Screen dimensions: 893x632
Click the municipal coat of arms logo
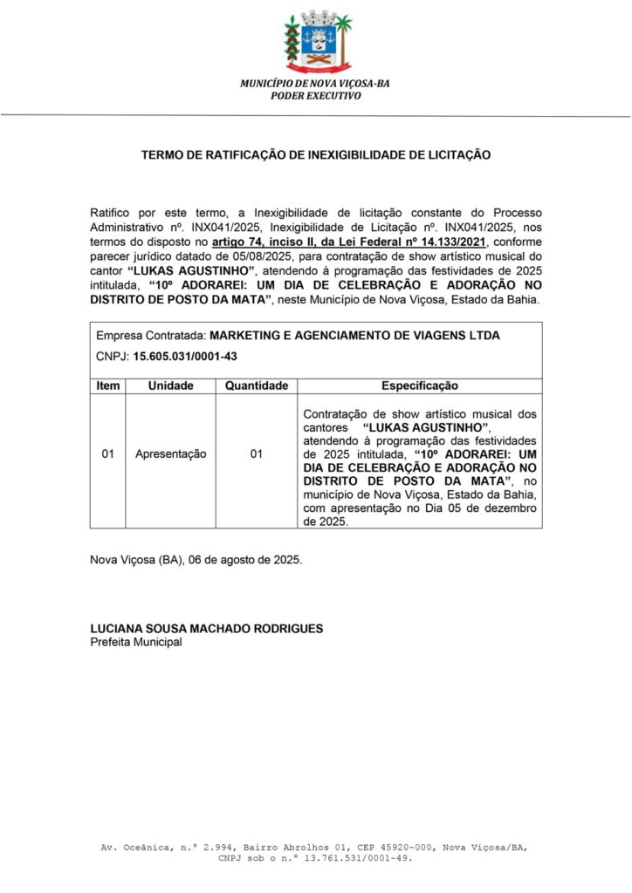315,42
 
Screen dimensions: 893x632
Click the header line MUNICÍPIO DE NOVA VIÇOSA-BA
315,83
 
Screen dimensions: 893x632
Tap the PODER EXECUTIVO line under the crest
315,95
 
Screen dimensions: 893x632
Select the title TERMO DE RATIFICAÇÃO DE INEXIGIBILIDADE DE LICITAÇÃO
316,154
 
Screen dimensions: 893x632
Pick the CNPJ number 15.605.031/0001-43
185,356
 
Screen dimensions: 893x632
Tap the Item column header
108,385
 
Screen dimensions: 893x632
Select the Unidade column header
170,385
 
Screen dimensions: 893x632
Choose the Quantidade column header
256,385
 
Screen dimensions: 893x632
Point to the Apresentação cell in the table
170,454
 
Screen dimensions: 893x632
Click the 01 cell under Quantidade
256,454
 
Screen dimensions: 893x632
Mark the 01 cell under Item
108,454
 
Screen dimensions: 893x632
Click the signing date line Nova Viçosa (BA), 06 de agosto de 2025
197,559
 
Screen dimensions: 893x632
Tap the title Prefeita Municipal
136,642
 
